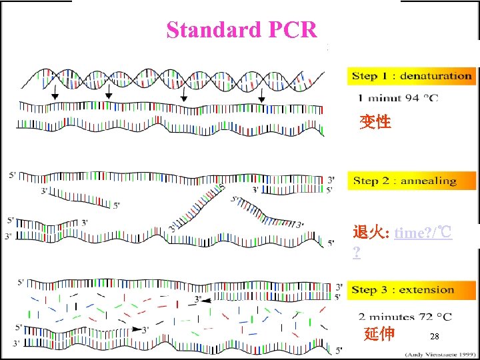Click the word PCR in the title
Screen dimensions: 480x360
pyautogui.click(x=292, y=30)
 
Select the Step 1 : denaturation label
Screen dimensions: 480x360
pyautogui.click(x=411, y=76)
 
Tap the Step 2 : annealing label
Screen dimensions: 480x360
pyautogui.click(x=405, y=181)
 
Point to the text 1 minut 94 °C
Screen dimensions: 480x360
pyautogui.click(x=399, y=99)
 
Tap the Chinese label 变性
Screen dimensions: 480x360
pyautogui.click(x=375, y=122)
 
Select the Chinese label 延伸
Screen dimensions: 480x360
pyautogui.click(x=379, y=334)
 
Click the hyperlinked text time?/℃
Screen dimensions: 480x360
pyautogui.click(x=423, y=233)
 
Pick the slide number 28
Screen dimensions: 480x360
pyautogui.click(x=435, y=337)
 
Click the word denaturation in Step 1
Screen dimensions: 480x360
pyautogui.click(x=435, y=76)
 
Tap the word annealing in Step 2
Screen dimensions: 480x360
pyautogui.click(x=429, y=181)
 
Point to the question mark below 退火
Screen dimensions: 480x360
pyautogui.click(x=357, y=253)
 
